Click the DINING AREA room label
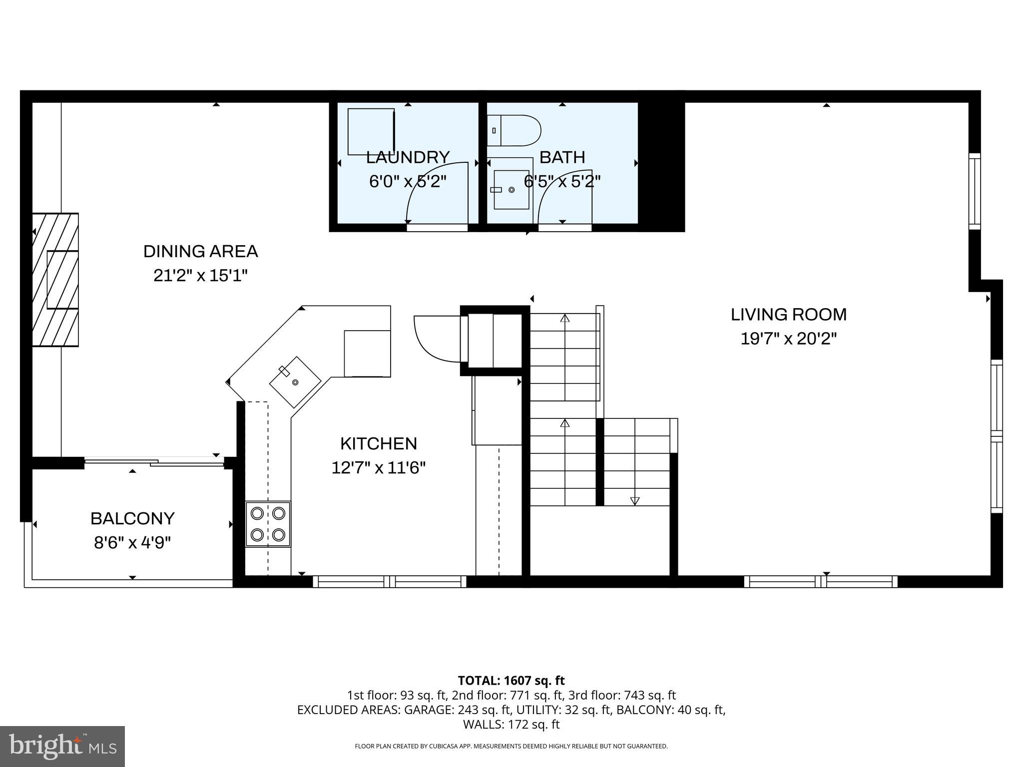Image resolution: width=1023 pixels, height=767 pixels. pyautogui.click(x=200, y=251)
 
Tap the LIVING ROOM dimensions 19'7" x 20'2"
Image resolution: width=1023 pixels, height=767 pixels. pyautogui.click(x=788, y=339)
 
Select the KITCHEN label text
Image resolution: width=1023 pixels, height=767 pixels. pyautogui.click(x=378, y=443)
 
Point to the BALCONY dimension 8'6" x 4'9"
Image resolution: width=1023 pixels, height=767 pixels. pyautogui.click(x=132, y=542)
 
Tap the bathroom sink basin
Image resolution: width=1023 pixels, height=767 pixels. pyautogui.click(x=511, y=190)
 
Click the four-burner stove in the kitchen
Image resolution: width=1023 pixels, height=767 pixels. pyautogui.click(x=268, y=524)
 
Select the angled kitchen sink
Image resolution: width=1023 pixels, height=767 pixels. pyautogui.click(x=295, y=382)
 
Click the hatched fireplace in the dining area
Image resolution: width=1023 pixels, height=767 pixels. pyautogui.click(x=55, y=280)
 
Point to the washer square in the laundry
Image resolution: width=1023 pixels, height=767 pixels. pyautogui.click(x=371, y=132)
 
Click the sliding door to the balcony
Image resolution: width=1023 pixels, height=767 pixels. pyautogui.click(x=154, y=462)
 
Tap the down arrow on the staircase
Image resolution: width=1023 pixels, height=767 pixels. pyautogui.click(x=635, y=500)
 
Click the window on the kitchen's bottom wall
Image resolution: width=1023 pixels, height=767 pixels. pyautogui.click(x=390, y=581)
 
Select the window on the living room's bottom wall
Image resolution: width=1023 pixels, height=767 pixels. pyautogui.click(x=820, y=581)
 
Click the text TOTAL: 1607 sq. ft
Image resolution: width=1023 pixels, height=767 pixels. pyautogui.click(x=511, y=680)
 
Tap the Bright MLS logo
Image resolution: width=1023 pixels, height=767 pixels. pyautogui.click(x=62, y=746)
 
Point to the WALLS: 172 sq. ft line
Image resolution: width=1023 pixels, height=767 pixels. pyautogui.click(x=511, y=724)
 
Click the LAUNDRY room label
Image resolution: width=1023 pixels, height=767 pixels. pyautogui.click(x=408, y=157)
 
